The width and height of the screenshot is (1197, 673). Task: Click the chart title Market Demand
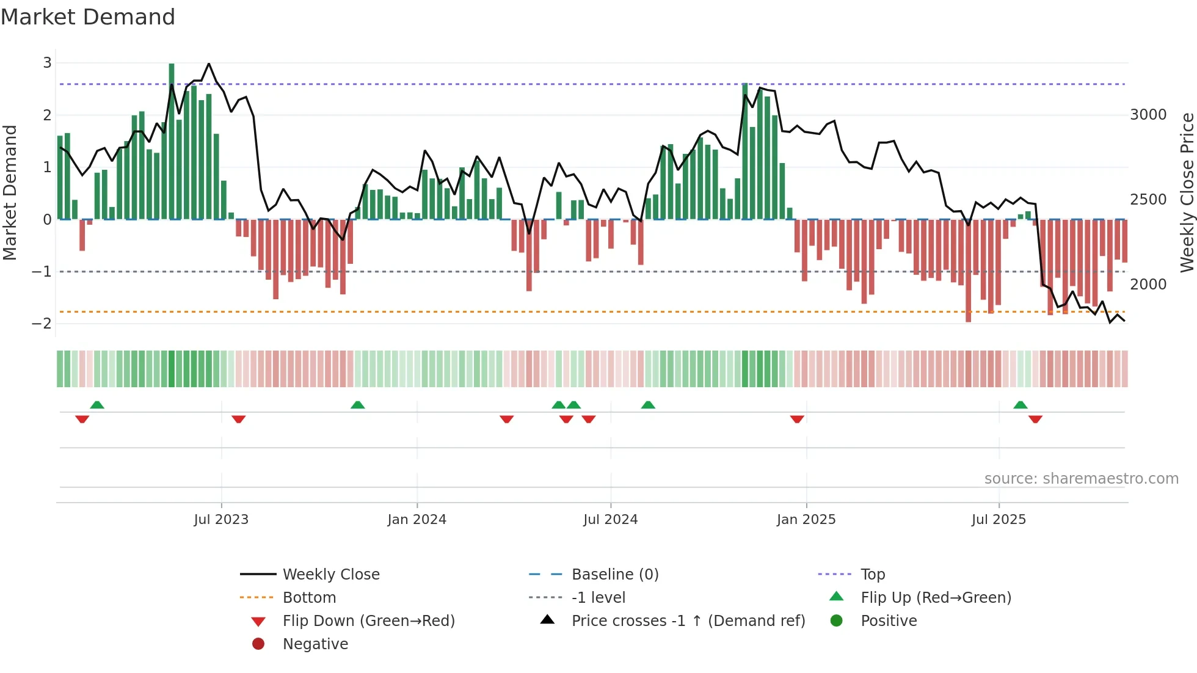click(88, 17)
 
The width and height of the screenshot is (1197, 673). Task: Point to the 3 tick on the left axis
click(47, 63)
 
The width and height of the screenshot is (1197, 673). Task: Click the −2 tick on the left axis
click(42, 324)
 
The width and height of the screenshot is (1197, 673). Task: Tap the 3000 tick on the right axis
click(1148, 115)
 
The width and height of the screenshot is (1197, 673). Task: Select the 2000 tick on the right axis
click(1148, 285)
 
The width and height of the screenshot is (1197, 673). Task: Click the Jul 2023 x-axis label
click(221, 520)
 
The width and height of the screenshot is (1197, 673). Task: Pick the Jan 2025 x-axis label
click(806, 520)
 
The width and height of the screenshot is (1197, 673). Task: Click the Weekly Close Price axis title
click(1187, 192)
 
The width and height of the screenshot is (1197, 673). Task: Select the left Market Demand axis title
click(10, 192)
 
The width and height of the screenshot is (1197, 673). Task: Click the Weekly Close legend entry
click(330, 575)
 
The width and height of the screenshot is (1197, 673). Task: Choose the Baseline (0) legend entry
click(614, 575)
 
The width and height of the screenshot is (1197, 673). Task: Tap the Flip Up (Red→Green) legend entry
click(936, 598)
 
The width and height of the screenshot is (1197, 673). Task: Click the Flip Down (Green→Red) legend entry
click(368, 621)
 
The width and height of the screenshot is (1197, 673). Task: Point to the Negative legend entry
click(315, 644)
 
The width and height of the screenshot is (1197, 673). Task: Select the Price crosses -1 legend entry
click(688, 621)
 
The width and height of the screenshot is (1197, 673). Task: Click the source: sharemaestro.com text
click(1081, 479)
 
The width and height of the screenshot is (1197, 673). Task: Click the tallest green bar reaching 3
click(172, 140)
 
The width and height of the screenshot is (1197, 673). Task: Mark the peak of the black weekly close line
click(209, 64)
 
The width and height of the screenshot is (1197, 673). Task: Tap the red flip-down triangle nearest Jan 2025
click(797, 419)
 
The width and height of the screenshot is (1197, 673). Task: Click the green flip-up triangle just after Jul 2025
click(1021, 405)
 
